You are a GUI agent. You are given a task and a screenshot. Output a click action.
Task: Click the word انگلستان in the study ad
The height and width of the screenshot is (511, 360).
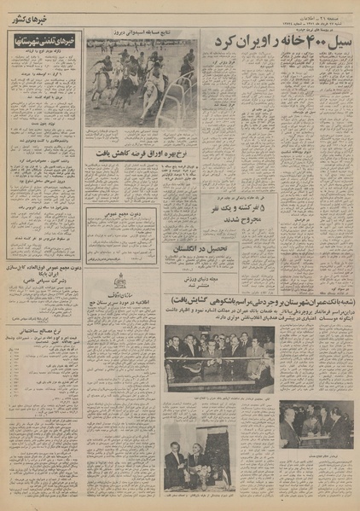coord(225,249)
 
